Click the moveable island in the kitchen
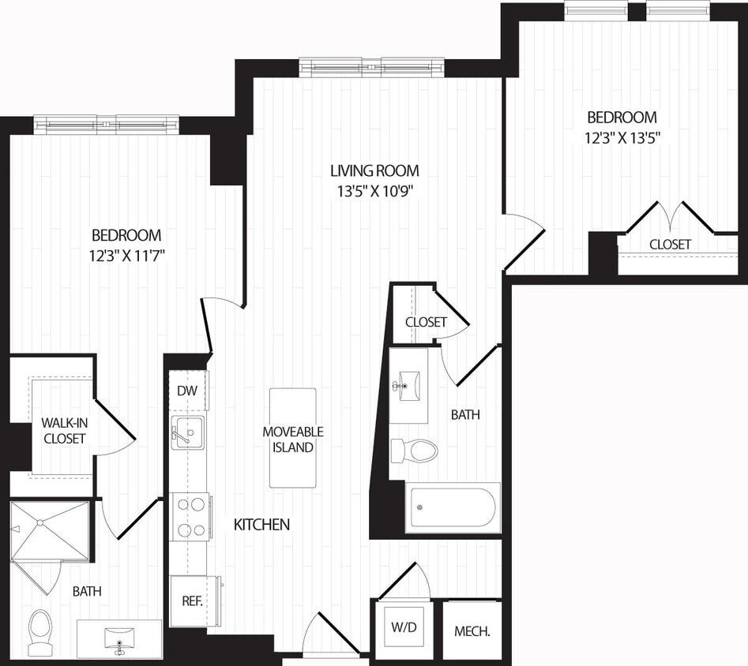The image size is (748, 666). pyautogui.click(x=293, y=439)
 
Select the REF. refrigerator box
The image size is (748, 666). pyautogui.click(x=192, y=601)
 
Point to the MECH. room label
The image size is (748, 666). pyautogui.click(x=472, y=631)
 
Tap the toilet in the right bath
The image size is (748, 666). pyautogui.click(x=415, y=451)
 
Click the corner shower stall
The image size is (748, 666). pyautogui.click(x=50, y=531)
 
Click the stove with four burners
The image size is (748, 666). pyautogui.click(x=190, y=517)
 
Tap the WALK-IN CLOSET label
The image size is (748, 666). pyautogui.click(x=64, y=431)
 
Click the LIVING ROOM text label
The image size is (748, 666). pyautogui.click(x=374, y=170)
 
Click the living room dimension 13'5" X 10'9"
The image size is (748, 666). pyautogui.click(x=374, y=190)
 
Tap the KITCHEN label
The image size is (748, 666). pyautogui.click(x=261, y=524)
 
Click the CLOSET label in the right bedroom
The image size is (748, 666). pyautogui.click(x=670, y=245)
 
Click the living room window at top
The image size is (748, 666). pyautogui.click(x=371, y=67)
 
